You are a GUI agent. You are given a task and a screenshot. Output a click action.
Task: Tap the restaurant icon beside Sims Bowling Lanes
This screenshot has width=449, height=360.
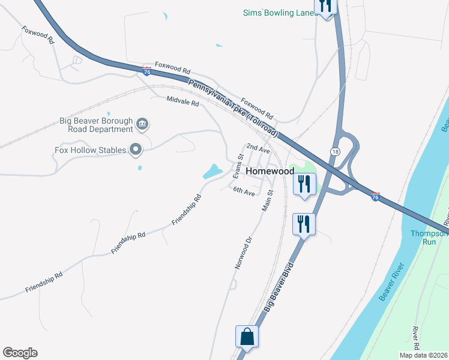tap(326, 7)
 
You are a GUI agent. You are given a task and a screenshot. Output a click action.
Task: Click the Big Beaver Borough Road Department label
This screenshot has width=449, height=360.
tap(96, 125)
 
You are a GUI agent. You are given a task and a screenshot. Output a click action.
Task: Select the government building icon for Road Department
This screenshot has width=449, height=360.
tap(142, 125)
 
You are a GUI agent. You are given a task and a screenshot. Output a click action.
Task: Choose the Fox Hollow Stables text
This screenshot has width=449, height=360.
tap(90, 150)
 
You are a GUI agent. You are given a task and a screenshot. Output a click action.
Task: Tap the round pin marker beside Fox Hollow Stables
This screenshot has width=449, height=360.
tap(136, 149)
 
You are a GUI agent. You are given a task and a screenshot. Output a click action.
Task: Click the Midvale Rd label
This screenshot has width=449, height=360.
tap(182, 101)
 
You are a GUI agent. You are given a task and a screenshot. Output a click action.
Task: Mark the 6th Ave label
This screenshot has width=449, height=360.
tap(244, 191)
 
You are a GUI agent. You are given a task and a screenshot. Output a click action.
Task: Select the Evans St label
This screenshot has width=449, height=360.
tap(238, 166)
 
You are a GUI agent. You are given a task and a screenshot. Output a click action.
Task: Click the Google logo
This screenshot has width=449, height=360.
tap(20, 353)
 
